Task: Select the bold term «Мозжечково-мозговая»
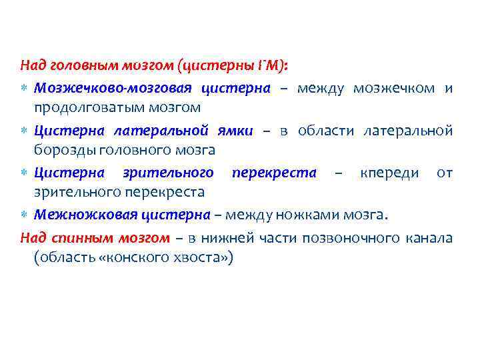click(x=113, y=88)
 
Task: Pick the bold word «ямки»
click(x=235, y=131)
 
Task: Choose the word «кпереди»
click(x=389, y=173)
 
